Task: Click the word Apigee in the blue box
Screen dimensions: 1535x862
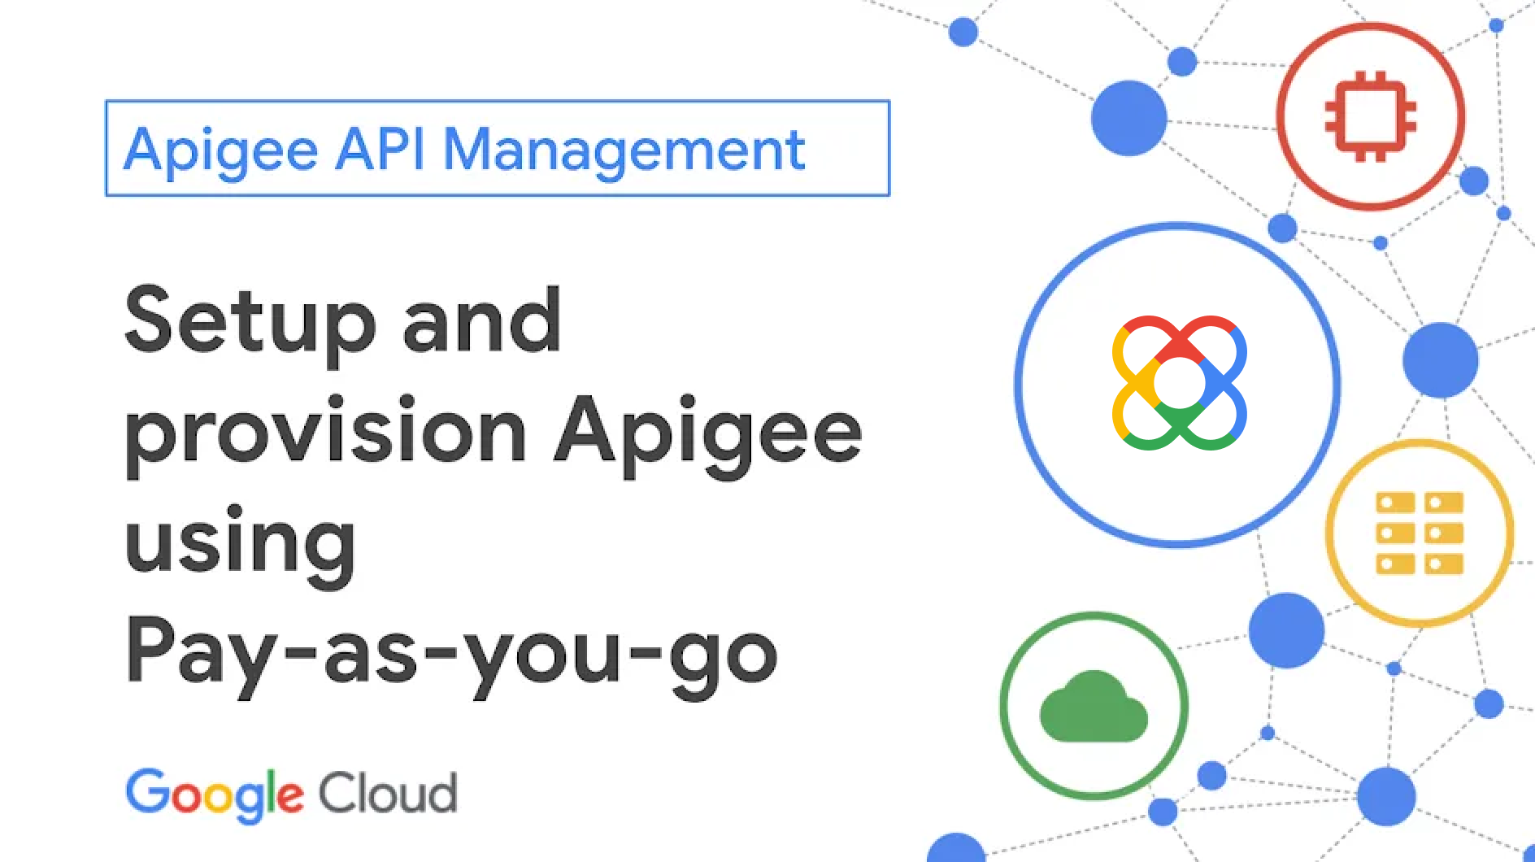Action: click(x=220, y=152)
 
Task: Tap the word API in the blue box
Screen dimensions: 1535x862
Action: click(x=380, y=149)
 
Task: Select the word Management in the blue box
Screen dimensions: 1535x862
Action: click(x=624, y=152)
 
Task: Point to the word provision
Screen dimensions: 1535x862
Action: click(x=326, y=434)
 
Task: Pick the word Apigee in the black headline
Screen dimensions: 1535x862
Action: click(x=708, y=434)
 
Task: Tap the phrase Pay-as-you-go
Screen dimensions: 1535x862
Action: click(x=451, y=655)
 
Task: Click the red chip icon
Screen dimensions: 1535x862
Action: click(x=1371, y=116)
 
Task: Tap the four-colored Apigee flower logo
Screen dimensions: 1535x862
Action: click(x=1179, y=383)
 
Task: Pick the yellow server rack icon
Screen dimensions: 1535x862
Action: click(x=1420, y=533)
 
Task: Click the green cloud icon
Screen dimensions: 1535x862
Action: click(x=1094, y=707)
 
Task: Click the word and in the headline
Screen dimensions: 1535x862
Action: click(x=481, y=320)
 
